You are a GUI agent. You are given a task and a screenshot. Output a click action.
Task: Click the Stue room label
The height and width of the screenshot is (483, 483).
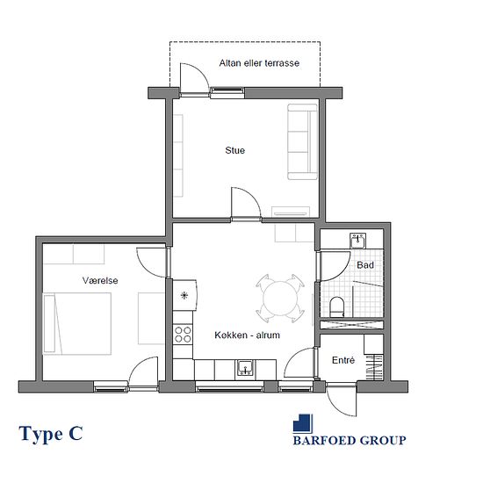pyautogui.click(x=235, y=150)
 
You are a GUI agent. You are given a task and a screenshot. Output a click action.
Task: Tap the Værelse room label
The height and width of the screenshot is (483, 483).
pyautogui.click(x=100, y=280)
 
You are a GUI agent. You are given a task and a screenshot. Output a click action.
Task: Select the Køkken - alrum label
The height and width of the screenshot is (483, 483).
pyautogui.click(x=247, y=335)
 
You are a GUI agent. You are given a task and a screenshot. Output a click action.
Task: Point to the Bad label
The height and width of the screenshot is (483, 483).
pyautogui.click(x=365, y=265)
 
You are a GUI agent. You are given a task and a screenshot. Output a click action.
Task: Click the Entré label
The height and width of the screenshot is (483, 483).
pyautogui.click(x=343, y=360)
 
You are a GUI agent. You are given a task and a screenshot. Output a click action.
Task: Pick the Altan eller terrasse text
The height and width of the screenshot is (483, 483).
pyautogui.click(x=259, y=63)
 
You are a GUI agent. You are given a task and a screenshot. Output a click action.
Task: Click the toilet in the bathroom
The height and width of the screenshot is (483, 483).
pyautogui.click(x=336, y=306)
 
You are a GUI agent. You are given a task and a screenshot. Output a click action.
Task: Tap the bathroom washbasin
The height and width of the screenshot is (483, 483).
pyautogui.click(x=357, y=241)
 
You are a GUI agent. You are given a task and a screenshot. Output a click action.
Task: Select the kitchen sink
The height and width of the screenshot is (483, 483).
pyautogui.click(x=245, y=368)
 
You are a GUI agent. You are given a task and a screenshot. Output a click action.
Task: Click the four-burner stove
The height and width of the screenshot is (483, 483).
pyautogui.click(x=183, y=335)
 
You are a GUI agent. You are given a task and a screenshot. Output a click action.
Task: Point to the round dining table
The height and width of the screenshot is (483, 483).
pyautogui.click(x=280, y=299)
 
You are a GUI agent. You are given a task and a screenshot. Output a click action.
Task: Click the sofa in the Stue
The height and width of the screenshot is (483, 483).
pyautogui.click(x=302, y=141)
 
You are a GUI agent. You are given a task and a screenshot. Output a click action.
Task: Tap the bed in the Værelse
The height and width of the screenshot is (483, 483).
pyautogui.click(x=77, y=323)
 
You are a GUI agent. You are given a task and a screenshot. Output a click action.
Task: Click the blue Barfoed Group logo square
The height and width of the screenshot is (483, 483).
pyautogui.click(x=302, y=423)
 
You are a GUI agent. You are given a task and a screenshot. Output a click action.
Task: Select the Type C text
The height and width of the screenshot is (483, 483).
pyautogui.click(x=51, y=434)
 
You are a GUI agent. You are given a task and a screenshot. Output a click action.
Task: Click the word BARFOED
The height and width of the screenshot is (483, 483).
pyautogui.click(x=324, y=440)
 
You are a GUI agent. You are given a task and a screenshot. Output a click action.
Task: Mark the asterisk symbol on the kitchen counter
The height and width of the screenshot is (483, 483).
pyautogui.click(x=184, y=296)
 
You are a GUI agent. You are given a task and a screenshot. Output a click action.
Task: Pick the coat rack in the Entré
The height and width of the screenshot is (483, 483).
pyautogui.click(x=374, y=367)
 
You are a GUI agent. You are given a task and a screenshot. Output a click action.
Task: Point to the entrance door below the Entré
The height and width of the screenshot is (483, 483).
pyautogui.click(x=342, y=400)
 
